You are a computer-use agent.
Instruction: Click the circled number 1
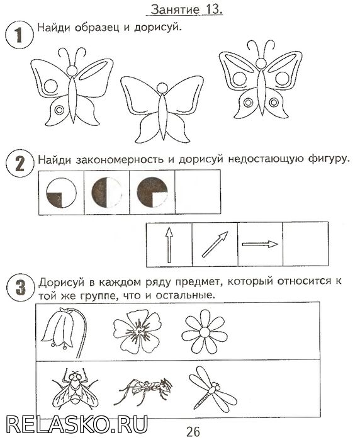click(x=20, y=35)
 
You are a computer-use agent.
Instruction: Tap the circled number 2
click(x=20, y=164)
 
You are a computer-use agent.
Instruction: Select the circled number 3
click(x=21, y=287)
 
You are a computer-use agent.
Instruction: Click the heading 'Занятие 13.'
click(x=186, y=9)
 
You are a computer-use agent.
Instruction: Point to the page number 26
click(x=193, y=431)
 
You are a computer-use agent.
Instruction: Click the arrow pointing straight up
click(x=169, y=245)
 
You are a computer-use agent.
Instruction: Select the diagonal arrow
click(x=215, y=244)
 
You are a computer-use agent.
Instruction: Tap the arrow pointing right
click(x=260, y=244)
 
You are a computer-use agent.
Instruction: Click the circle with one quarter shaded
click(x=61, y=193)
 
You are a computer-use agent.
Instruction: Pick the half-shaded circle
click(x=106, y=193)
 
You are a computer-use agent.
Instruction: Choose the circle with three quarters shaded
click(x=152, y=192)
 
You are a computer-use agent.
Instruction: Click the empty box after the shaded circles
click(x=198, y=192)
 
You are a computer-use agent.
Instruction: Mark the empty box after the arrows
click(x=306, y=244)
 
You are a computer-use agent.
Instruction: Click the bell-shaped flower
click(x=65, y=332)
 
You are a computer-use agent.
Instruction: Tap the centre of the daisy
click(x=205, y=332)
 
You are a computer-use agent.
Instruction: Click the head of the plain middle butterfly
click(x=162, y=88)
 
